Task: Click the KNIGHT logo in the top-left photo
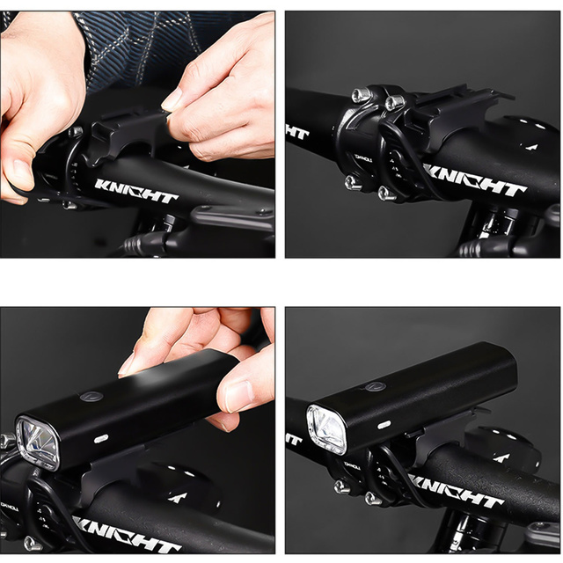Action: pos(136,191)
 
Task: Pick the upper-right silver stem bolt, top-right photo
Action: pos(391,103)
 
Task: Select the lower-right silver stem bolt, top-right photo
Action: pos(384,192)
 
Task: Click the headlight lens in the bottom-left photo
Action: pos(37,441)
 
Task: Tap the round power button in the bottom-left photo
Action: pos(90,397)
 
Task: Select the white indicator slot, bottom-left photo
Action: pos(101,437)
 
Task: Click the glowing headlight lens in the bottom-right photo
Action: pos(326,429)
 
